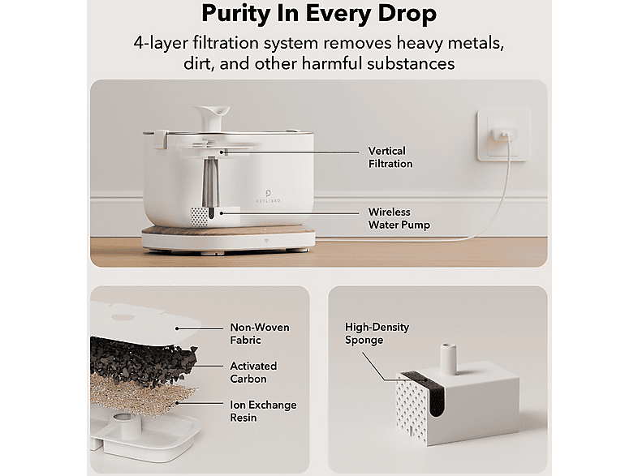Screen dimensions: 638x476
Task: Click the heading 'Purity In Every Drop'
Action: tap(319, 14)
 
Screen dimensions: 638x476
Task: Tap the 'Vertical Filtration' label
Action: tap(390, 157)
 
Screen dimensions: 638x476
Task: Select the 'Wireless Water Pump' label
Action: tap(399, 219)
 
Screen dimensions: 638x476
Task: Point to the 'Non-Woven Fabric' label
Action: tap(260, 334)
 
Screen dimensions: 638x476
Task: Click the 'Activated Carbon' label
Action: tap(253, 372)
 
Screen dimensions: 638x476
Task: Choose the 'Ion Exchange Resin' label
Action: tap(263, 411)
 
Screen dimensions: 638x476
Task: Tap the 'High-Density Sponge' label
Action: tap(377, 333)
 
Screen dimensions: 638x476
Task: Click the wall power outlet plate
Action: tap(503, 135)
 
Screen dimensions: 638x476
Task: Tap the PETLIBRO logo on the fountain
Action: tap(268, 195)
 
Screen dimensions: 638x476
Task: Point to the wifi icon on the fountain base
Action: tap(267, 241)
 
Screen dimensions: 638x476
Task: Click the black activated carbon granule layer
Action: tap(142, 361)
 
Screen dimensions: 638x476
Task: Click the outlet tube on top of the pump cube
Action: tap(447, 359)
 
